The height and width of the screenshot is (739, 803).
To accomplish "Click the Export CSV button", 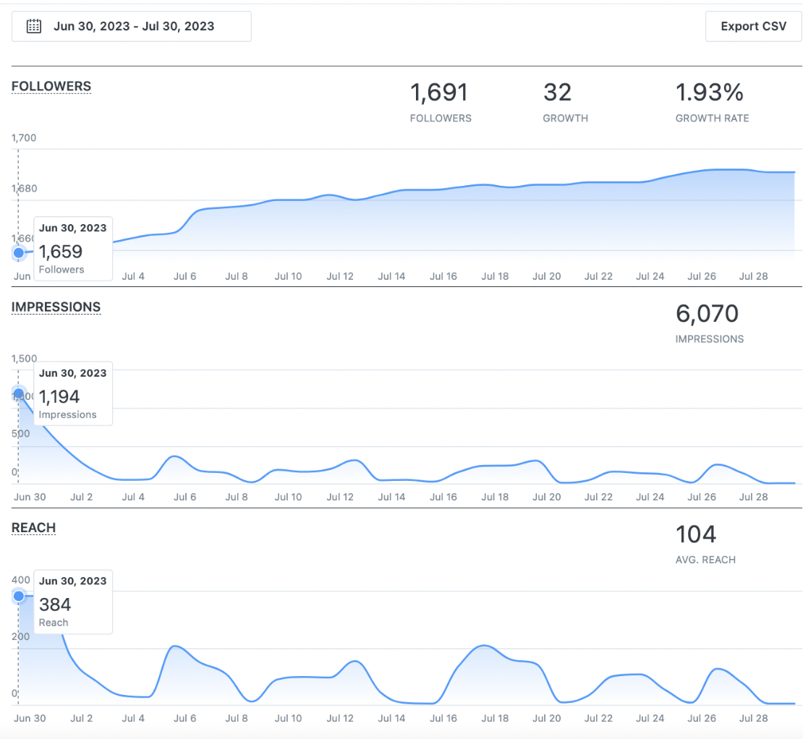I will (753, 27).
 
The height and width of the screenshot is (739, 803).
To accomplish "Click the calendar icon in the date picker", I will (33, 27).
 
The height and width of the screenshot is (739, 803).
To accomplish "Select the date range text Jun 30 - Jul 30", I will (134, 27).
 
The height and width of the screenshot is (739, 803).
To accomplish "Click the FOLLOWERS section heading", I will (51, 87).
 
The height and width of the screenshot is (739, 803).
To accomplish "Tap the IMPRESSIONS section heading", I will (56, 307).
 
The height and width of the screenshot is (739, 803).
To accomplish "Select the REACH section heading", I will (33, 528).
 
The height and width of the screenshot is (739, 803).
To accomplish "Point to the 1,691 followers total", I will (439, 93).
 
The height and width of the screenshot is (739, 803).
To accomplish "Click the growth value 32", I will (557, 93).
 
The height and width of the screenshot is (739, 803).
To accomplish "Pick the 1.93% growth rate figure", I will (709, 93).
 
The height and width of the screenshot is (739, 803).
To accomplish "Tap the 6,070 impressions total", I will (707, 314).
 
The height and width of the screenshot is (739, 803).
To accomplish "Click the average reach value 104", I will (695, 534).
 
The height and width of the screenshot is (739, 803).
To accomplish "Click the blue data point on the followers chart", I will (19, 253).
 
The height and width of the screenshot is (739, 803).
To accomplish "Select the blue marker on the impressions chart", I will (19, 394).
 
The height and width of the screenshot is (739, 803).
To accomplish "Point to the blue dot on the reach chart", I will (19, 597).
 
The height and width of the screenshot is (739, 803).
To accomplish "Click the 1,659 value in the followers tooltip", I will (61, 252).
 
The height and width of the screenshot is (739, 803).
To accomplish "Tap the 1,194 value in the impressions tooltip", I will (59, 397).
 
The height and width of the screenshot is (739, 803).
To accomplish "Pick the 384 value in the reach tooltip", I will (55, 605).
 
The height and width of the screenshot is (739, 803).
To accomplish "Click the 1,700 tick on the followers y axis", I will (24, 138).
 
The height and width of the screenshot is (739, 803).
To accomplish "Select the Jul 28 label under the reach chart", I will (752, 718).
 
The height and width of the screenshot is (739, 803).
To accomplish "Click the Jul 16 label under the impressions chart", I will (443, 497).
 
